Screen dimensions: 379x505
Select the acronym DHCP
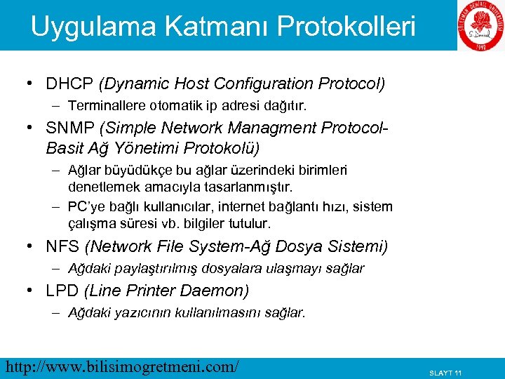(70, 84)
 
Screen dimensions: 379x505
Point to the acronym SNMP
(72, 128)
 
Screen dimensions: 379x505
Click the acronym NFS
(62, 247)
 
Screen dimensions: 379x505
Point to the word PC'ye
(86, 208)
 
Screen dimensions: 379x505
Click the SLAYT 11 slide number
(445, 373)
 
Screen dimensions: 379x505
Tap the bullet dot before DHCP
(29, 84)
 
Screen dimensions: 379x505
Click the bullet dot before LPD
(29, 291)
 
